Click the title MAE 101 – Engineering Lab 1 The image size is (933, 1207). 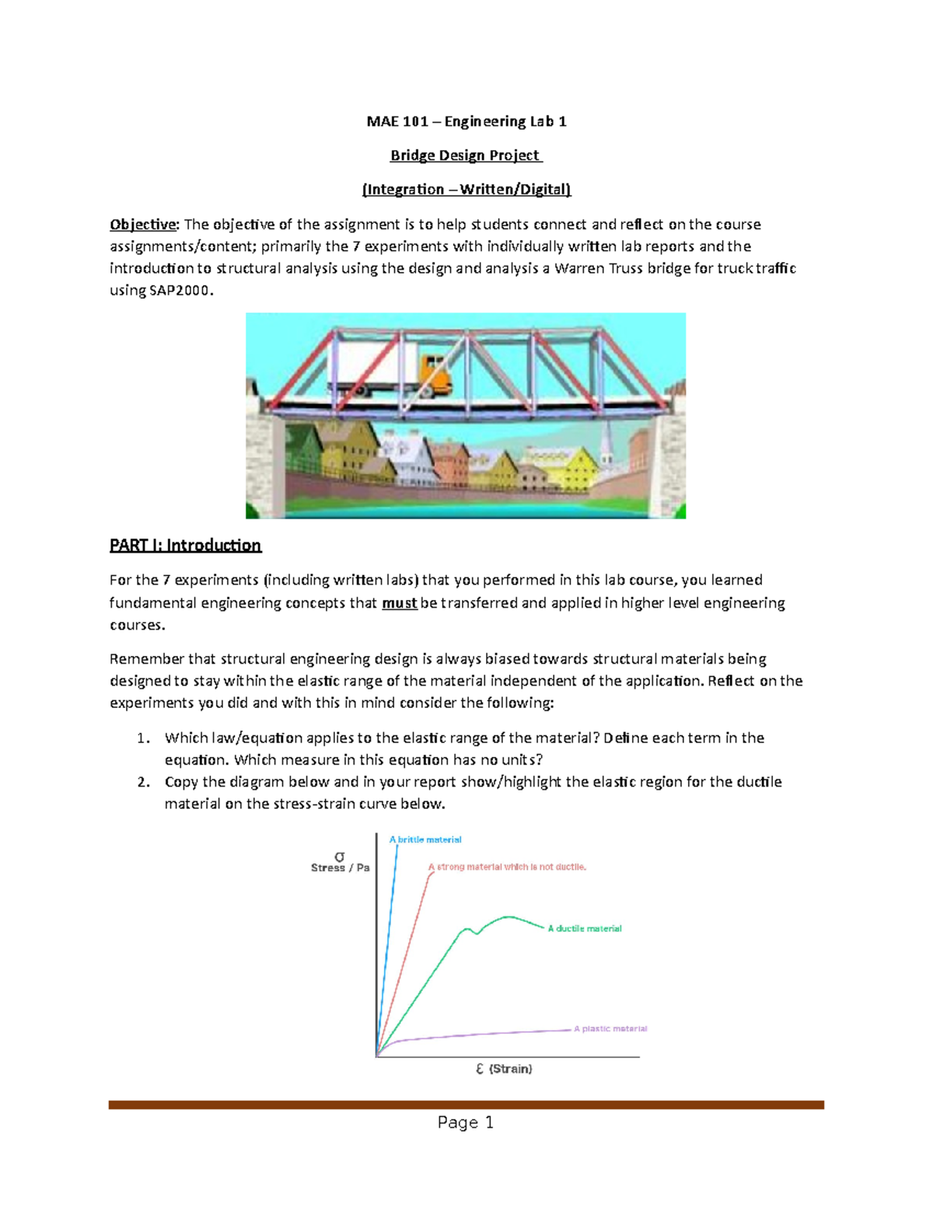tap(466, 121)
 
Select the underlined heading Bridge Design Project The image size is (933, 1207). tap(466, 155)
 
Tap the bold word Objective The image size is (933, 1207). tap(143, 225)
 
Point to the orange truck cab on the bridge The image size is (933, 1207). tap(435, 372)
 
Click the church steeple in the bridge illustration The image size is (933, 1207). tap(607, 444)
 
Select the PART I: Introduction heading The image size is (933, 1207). tap(185, 546)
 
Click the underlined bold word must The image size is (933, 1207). tap(400, 603)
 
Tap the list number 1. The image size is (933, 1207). tap(143, 738)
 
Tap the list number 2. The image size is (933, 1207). tap(143, 782)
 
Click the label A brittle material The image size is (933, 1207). tap(425, 839)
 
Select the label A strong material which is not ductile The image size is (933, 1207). tap(507, 867)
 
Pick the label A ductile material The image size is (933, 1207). tap(585, 929)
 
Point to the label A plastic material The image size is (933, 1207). tap(610, 1029)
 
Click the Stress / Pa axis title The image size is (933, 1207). tap(340, 868)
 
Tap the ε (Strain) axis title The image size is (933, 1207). tap(504, 1069)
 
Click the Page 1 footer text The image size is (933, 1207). tap(465, 1122)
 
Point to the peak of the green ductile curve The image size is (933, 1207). tap(509, 917)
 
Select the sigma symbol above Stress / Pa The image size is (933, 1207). tap(339, 856)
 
